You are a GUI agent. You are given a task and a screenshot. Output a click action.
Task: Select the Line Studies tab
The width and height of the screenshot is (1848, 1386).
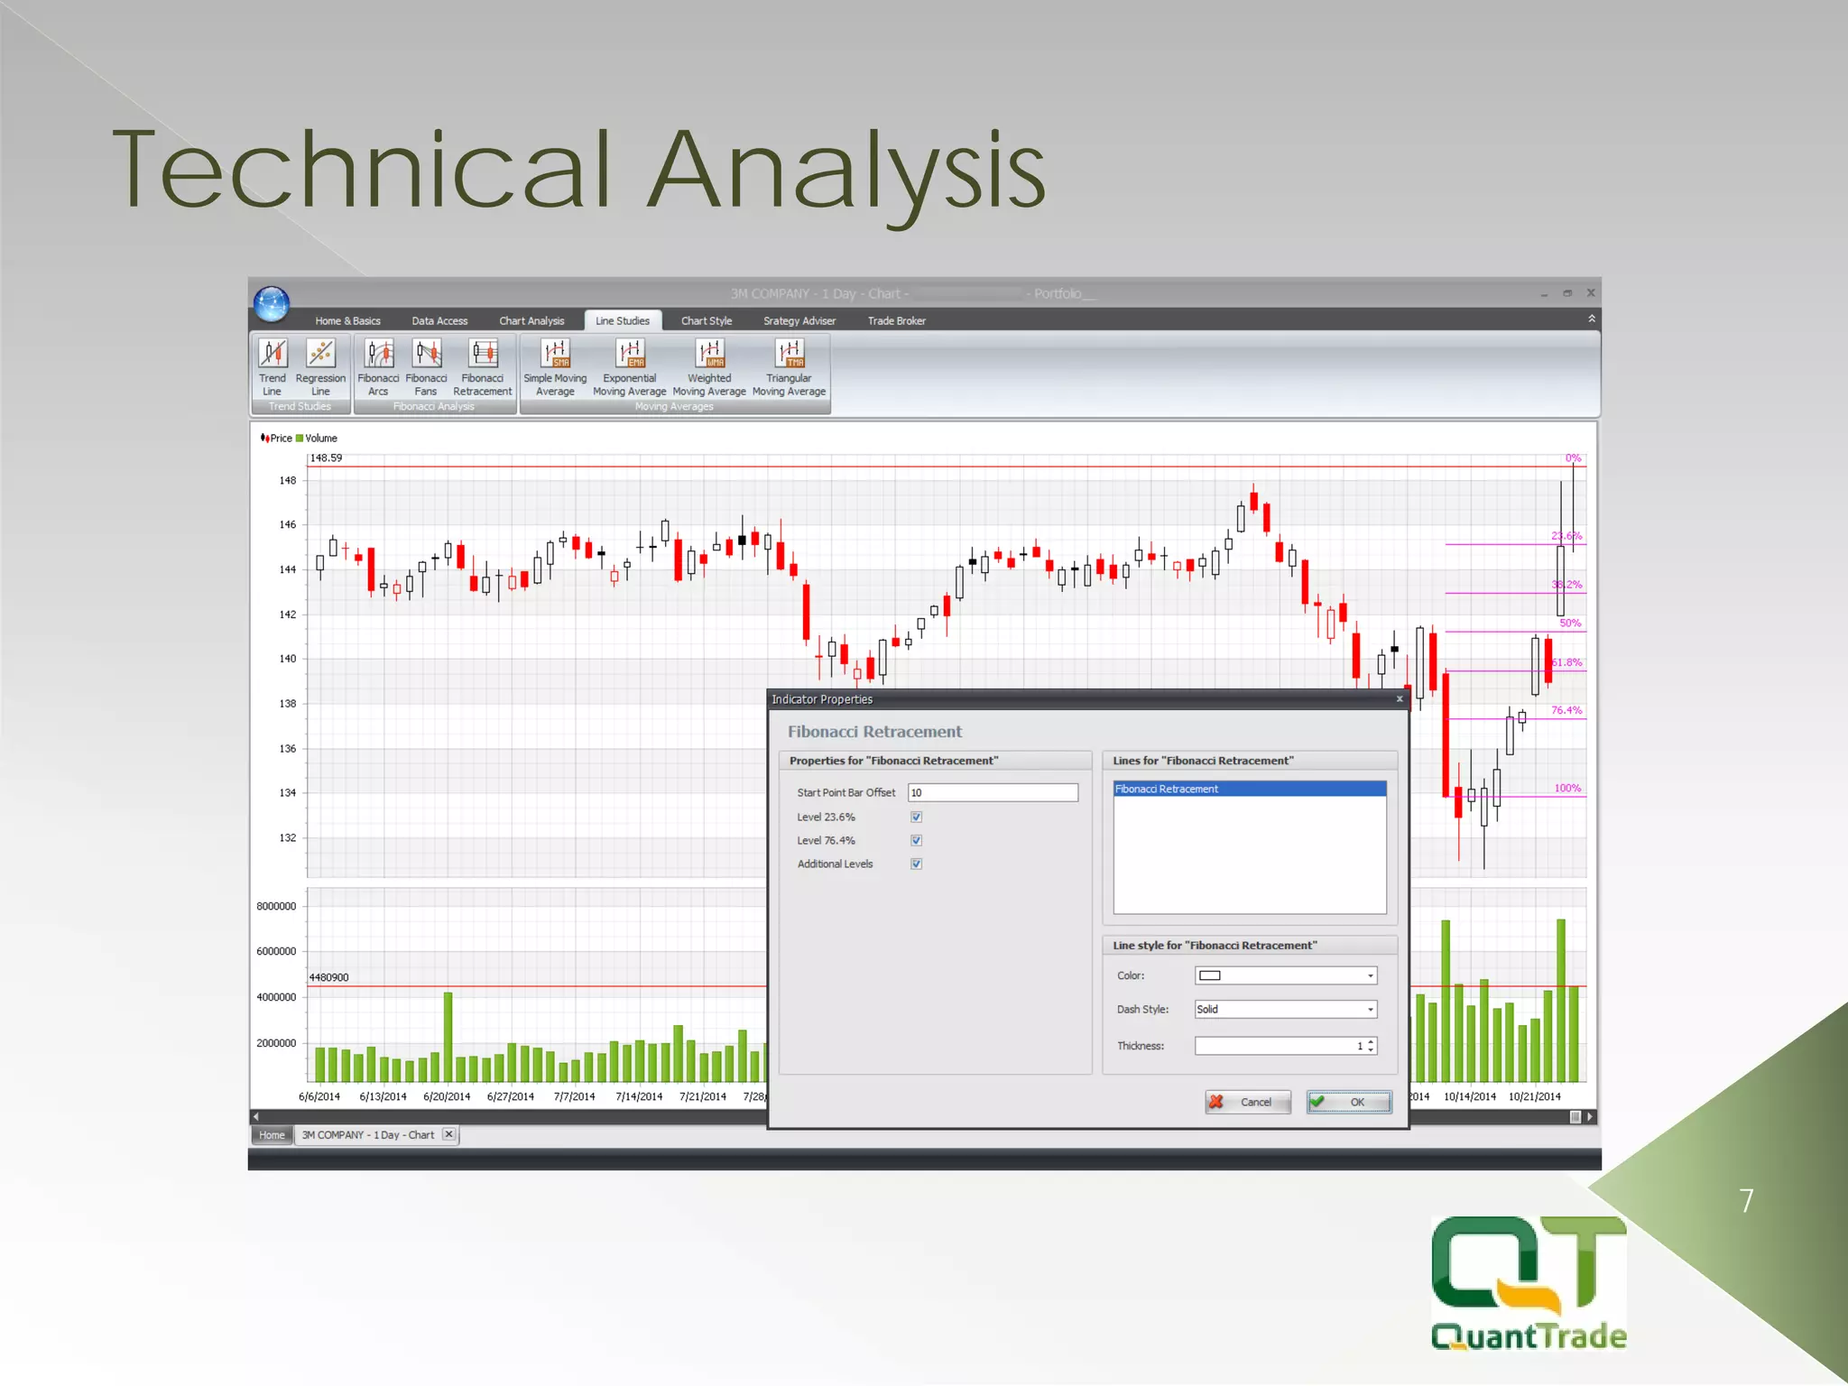(623, 321)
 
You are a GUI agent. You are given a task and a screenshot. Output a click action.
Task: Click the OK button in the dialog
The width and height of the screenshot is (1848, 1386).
(1349, 1102)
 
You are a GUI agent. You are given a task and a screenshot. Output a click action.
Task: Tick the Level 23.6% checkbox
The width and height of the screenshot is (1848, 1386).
(916, 818)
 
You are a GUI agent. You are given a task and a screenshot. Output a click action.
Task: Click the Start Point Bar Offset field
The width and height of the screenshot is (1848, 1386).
(992, 793)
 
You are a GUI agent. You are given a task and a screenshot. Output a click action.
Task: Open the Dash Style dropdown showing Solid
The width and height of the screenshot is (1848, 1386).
(1285, 1010)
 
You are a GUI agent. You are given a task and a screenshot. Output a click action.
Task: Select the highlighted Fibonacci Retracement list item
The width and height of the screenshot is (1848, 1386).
(1249, 790)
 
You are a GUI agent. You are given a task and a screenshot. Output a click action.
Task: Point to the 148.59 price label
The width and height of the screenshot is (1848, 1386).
(326, 458)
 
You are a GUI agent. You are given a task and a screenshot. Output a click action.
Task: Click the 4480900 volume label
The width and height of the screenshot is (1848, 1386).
(328, 977)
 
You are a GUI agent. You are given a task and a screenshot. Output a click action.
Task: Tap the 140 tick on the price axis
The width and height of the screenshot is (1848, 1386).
(287, 660)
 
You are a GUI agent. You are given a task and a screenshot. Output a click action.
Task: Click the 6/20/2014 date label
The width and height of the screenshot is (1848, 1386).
(447, 1097)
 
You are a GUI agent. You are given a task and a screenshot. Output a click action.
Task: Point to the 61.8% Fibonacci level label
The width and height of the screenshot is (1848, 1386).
(1567, 663)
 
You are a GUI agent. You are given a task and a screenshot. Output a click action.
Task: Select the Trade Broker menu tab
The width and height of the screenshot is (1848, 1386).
(896, 321)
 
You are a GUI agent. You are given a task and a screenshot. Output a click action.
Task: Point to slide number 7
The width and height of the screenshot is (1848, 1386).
(1746, 1201)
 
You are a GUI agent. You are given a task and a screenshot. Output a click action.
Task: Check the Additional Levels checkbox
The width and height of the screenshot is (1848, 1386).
(916, 864)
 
